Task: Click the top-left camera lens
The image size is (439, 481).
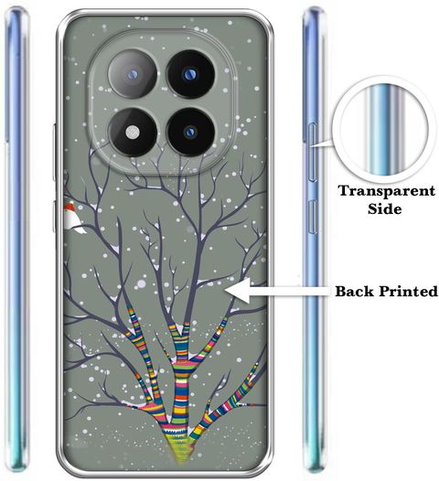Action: [x=133, y=74]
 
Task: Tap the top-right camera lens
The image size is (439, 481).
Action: [x=190, y=74]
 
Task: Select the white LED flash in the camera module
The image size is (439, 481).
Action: [x=133, y=133]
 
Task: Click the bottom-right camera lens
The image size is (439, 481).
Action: [x=190, y=132]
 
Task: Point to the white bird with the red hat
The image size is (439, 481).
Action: [x=73, y=217]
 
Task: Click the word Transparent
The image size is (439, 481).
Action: [x=387, y=191]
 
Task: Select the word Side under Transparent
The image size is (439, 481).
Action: [x=385, y=208]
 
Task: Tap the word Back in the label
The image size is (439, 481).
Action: [x=355, y=291]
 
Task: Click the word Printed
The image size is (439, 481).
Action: [x=408, y=291]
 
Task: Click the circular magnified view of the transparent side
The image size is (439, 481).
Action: [x=384, y=130]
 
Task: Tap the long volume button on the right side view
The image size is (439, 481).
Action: [x=312, y=152]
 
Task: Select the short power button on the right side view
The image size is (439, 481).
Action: [x=313, y=217]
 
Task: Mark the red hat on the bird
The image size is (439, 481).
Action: [x=70, y=206]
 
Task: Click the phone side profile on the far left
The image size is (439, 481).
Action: [x=16, y=240]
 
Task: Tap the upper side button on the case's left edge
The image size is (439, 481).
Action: [x=54, y=152]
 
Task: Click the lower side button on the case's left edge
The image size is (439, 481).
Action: [x=54, y=217]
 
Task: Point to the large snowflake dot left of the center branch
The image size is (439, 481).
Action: [x=141, y=284]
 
